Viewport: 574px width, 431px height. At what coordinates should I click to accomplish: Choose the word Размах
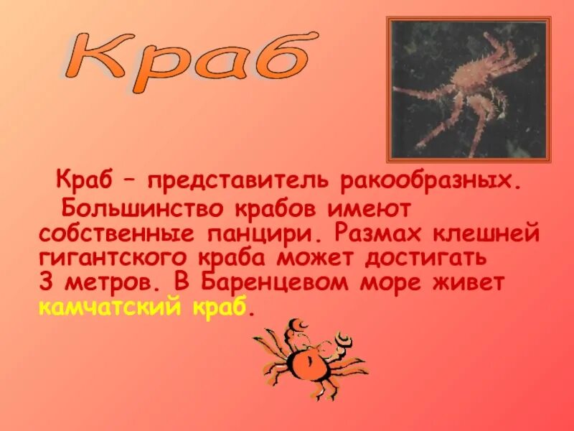tap(375, 234)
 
